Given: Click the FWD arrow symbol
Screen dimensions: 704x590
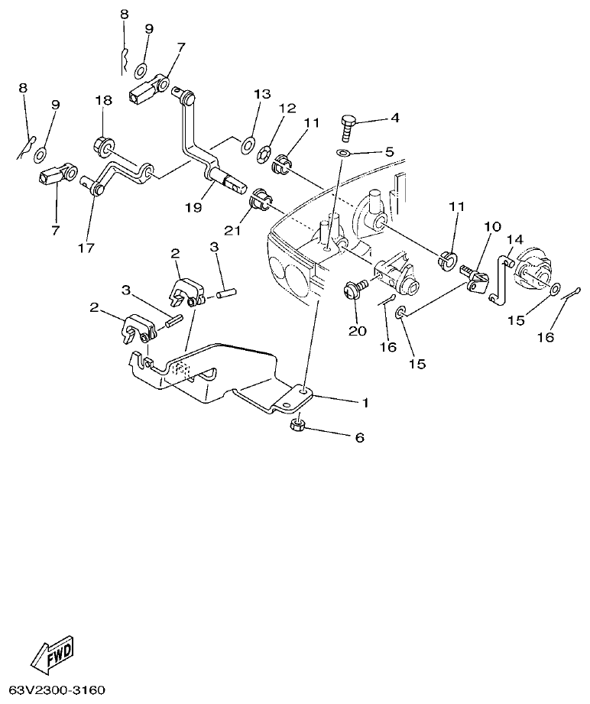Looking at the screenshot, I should [53, 657].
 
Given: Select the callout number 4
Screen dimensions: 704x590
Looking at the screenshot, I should [394, 118].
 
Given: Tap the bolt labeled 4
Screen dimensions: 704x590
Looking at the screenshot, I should [347, 128].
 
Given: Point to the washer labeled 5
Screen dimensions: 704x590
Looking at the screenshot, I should [343, 154].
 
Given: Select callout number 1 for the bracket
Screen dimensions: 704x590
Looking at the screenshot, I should [365, 402].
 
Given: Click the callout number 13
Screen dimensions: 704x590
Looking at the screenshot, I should [262, 94].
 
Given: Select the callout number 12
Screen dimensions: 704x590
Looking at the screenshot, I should [287, 109].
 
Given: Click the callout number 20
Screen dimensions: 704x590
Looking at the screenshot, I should [358, 331].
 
